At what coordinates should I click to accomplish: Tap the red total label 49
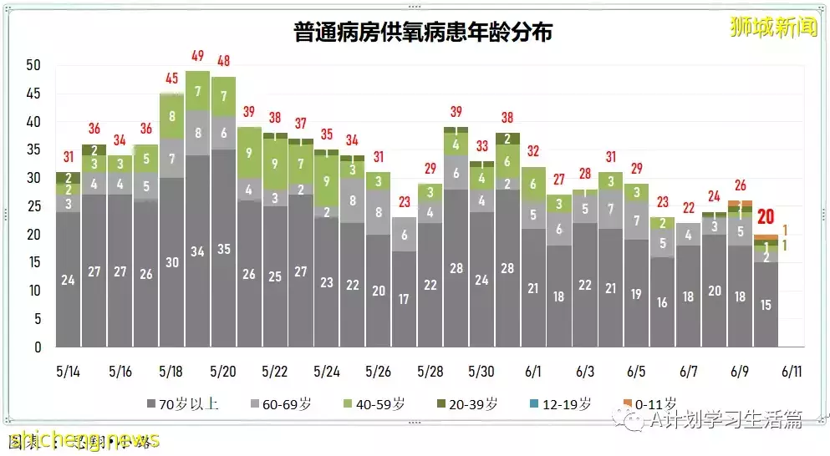click(198, 57)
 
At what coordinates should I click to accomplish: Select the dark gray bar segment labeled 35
click(224, 248)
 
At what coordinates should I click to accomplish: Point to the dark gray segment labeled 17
click(404, 298)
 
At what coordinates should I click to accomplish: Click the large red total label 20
click(765, 217)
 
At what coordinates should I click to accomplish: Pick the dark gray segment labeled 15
click(766, 305)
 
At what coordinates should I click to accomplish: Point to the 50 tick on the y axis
click(33, 65)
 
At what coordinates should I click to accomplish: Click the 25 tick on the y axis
click(33, 206)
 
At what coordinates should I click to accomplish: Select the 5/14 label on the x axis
click(69, 371)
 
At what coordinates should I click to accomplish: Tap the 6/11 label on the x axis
click(792, 371)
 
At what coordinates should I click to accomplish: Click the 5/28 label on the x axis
click(430, 371)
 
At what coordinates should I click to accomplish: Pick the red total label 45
click(172, 79)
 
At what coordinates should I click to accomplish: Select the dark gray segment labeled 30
click(172, 261)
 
